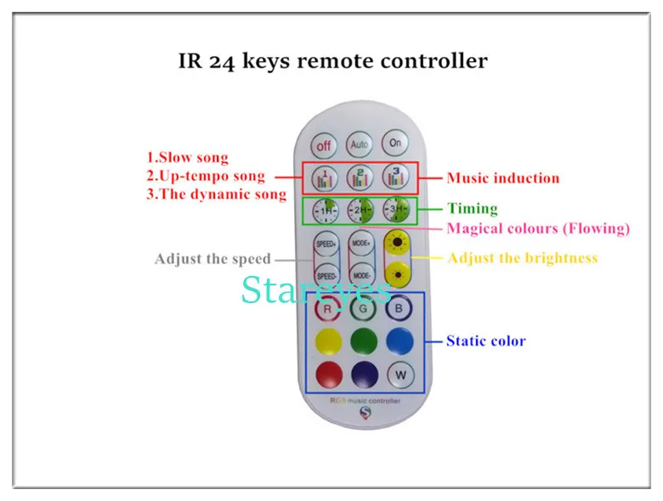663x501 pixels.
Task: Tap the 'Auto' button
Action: point(360,144)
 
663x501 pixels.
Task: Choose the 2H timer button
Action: point(360,210)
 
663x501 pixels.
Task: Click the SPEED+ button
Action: point(326,244)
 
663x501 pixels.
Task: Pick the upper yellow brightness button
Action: point(396,244)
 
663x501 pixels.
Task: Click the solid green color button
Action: point(363,341)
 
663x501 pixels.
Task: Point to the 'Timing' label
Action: point(472,208)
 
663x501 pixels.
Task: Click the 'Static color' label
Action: point(485,341)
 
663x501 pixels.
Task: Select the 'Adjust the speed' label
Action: point(212,259)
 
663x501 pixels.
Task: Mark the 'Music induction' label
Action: point(502,177)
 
